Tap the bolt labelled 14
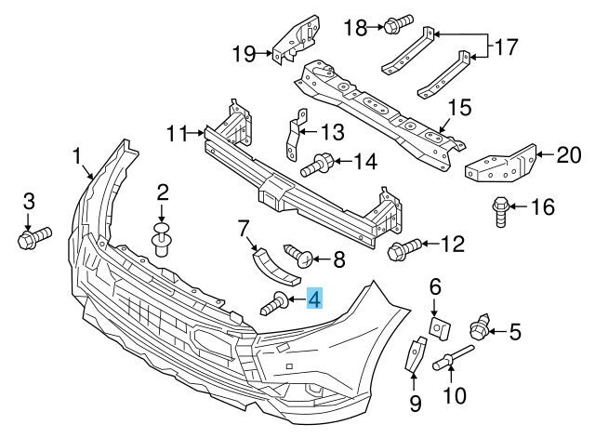point(318,165)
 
